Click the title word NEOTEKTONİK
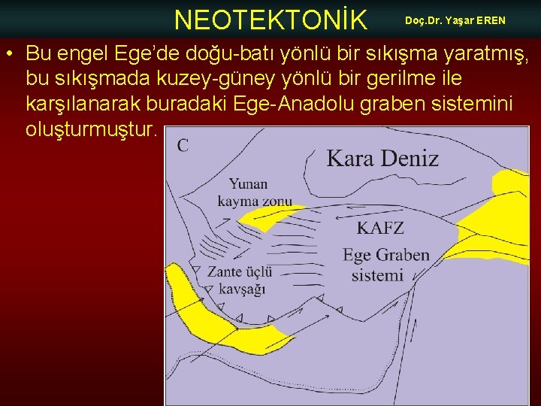[x=270, y=20]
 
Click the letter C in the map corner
[x=183, y=146]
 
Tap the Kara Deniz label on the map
[x=382, y=159]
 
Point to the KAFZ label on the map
[x=380, y=228]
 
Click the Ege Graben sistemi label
[x=385, y=265]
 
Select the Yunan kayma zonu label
[x=254, y=192]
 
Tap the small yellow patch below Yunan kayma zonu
[x=263, y=219]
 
